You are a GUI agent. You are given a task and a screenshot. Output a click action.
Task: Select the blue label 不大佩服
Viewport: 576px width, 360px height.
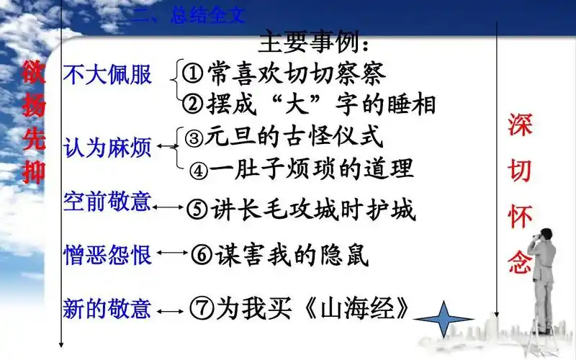tap(108, 75)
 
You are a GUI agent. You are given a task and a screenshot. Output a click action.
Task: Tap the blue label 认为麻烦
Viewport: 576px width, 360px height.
tap(108, 148)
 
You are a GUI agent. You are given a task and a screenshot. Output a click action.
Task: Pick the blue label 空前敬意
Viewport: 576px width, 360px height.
tap(108, 202)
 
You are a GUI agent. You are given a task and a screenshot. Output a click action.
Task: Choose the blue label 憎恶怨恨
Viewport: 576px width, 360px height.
tap(108, 253)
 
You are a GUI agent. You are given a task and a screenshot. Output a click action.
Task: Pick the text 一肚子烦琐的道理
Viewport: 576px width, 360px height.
tap(312, 169)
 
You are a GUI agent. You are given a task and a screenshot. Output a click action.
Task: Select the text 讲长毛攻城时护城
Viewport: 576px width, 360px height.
tap(312, 210)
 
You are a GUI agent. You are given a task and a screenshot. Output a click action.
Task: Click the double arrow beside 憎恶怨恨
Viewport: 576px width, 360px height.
tap(172, 253)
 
